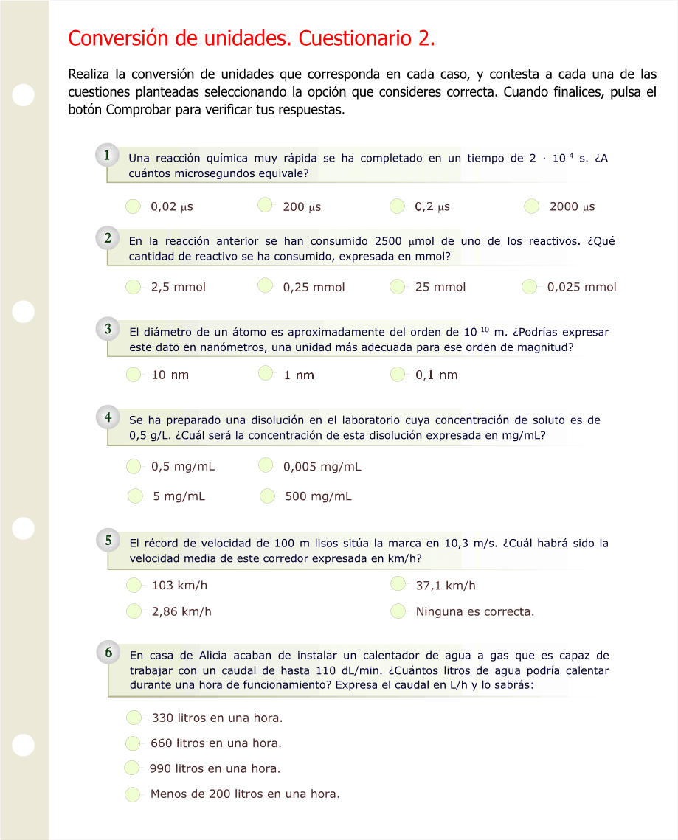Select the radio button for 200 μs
click(x=266, y=206)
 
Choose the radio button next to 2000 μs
click(x=532, y=206)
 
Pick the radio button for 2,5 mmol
click(x=134, y=286)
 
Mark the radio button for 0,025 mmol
click(x=530, y=286)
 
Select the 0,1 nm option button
click(x=398, y=375)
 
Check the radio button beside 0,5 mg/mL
click(x=134, y=466)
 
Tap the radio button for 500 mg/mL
click(x=268, y=496)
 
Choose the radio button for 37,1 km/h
click(x=398, y=585)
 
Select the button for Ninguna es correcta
click(x=398, y=611)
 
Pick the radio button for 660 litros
click(x=134, y=743)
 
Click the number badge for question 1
click(x=108, y=156)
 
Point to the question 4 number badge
click(x=108, y=417)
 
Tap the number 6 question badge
click(x=108, y=652)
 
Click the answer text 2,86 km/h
click(x=181, y=611)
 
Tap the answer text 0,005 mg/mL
click(x=322, y=466)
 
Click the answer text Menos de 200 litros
click(x=245, y=794)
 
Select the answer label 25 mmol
click(x=440, y=287)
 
